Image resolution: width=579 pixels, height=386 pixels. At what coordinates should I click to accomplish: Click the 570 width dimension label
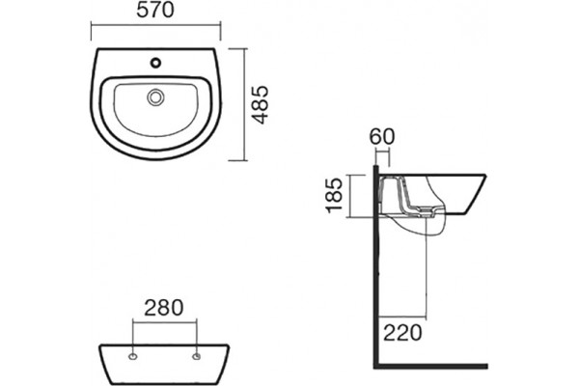[155, 11]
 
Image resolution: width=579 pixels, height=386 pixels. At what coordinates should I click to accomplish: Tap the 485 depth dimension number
[260, 105]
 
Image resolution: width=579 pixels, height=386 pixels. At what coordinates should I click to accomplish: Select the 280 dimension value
[164, 308]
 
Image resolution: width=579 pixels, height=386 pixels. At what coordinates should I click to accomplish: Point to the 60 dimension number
[382, 137]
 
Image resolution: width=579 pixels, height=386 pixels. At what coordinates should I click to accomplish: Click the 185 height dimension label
[335, 195]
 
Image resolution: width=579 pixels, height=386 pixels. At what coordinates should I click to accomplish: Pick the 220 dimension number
[402, 332]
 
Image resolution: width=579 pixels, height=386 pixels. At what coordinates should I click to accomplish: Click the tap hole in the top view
[155, 63]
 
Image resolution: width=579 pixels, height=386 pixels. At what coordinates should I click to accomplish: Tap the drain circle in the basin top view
[155, 97]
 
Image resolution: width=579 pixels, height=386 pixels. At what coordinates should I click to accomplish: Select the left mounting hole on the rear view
[132, 356]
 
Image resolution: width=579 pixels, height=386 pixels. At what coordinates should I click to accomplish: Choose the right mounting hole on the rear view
[197, 356]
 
